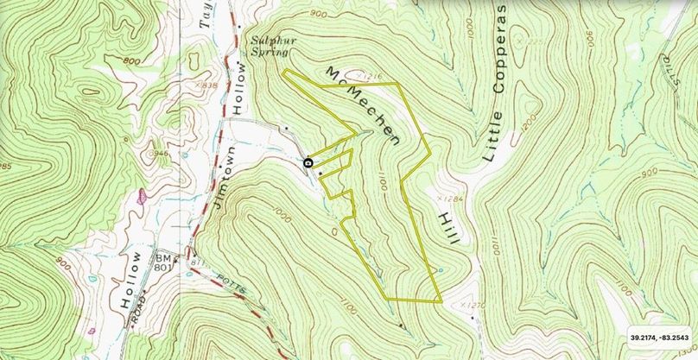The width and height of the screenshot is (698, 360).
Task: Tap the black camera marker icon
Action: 308,162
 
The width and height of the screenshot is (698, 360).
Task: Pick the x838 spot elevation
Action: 206,85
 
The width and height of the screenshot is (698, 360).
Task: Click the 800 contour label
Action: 132,61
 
